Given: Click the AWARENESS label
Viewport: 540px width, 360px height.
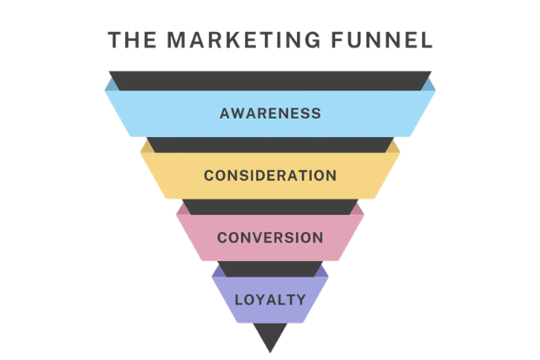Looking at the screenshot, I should (x=270, y=114).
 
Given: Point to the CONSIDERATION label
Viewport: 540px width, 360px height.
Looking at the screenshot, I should (x=270, y=175).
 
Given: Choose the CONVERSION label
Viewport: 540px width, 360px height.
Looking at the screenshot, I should (x=270, y=238).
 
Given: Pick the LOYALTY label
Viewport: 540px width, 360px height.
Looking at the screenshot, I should (x=270, y=301).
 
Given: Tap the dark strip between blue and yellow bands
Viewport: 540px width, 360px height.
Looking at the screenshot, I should (x=270, y=145).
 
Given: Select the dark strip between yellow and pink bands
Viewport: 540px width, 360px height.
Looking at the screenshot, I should (x=270, y=206).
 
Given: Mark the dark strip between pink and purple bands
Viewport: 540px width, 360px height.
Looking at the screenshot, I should (x=270, y=269).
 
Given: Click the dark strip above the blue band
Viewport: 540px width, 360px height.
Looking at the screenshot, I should (x=270, y=81).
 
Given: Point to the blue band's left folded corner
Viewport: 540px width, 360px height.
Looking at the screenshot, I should (x=110, y=84).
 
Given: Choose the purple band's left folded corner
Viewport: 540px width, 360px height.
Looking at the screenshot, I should (x=217, y=272).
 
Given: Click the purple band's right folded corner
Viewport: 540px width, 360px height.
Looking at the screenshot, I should (x=323, y=272).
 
